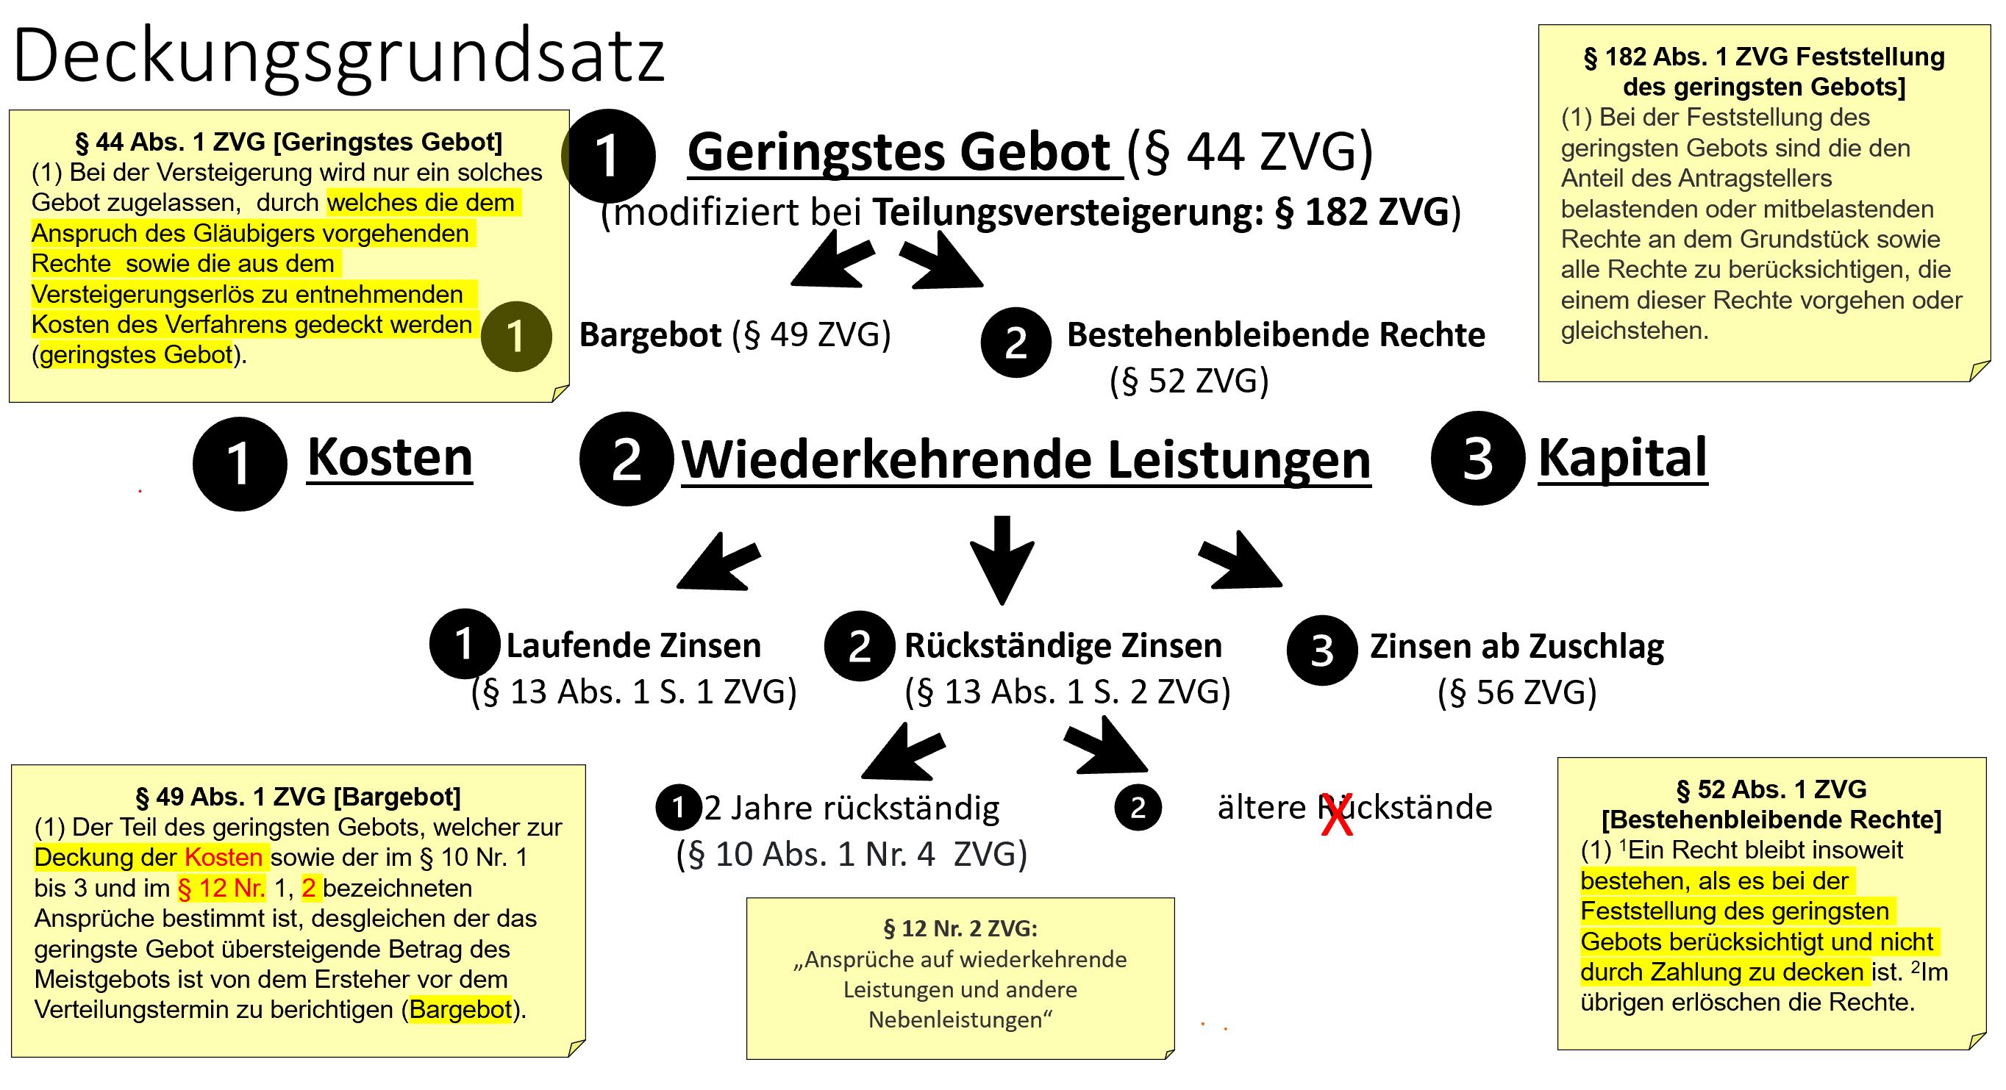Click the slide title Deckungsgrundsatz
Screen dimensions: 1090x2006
(339, 56)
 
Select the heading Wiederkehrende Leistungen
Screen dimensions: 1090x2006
(1026, 460)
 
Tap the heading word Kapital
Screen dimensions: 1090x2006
(1622, 458)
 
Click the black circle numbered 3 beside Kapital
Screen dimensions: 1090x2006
(1477, 458)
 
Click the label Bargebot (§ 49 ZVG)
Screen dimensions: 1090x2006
(735, 334)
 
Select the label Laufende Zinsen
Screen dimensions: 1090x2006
(633, 645)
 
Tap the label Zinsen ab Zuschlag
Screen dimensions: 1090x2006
(1516, 646)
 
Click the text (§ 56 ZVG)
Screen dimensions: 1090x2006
(1516, 692)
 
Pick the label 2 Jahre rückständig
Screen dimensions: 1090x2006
(851, 808)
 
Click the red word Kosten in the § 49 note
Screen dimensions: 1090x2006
(224, 857)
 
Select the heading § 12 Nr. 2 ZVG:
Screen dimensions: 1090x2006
(960, 928)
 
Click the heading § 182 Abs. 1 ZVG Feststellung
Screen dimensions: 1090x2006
(1764, 57)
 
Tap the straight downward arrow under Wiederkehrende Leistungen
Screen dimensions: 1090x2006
(1002, 559)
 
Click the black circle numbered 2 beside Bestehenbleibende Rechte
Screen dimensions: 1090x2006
(1016, 343)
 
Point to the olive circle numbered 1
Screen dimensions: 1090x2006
(515, 337)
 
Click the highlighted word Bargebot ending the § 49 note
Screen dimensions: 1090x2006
(460, 1010)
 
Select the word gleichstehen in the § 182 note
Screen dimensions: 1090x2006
(1634, 331)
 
